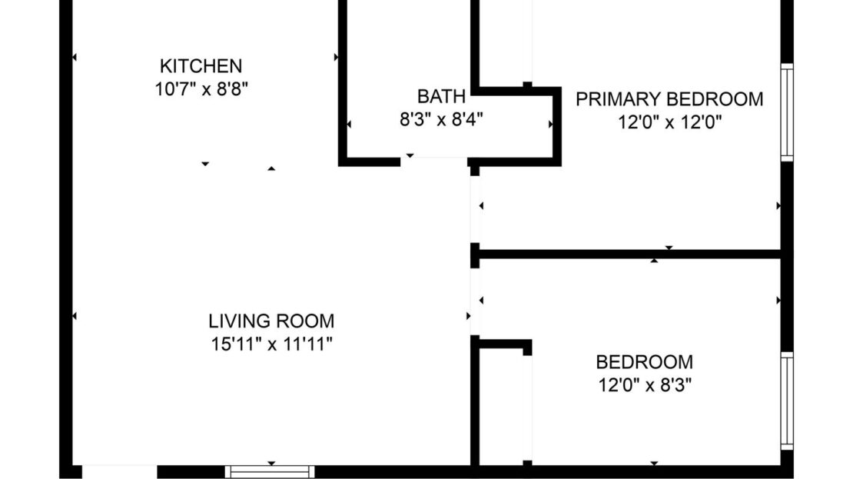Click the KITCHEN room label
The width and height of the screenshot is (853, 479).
(201, 66)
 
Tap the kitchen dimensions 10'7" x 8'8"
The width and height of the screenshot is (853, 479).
(201, 88)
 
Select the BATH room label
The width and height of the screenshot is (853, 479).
(441, 97)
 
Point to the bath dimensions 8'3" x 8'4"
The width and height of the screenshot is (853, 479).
(441, 119)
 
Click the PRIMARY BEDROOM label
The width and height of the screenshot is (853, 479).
(669, 99)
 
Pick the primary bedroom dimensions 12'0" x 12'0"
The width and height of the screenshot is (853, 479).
(669, 121)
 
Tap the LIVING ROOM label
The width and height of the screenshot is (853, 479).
(271, 321)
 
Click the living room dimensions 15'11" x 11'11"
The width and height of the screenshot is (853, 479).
(271, 344)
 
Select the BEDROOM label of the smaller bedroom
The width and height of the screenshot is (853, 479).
(644, 362)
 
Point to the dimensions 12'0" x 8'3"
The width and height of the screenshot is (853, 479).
(644, 384)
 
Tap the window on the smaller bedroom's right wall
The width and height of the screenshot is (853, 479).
(786, 401)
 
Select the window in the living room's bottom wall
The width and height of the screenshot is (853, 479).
(270, 471)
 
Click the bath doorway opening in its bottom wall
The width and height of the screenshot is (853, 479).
(433, 161)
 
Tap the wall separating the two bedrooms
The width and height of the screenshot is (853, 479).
(630, 254)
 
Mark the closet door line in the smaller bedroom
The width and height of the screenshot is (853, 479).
(527, 407)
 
